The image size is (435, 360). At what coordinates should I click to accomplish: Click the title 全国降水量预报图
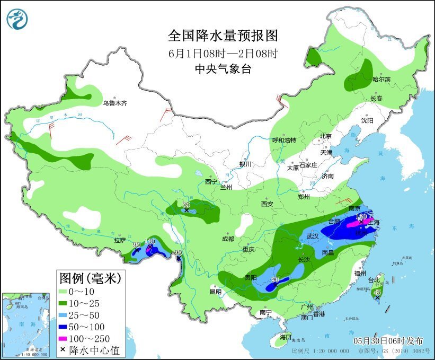coord(223,36)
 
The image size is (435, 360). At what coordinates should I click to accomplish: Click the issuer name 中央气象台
coord(223,68)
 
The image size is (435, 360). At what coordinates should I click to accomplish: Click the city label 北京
coord(325,136)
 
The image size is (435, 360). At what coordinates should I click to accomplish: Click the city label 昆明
coord(215,291)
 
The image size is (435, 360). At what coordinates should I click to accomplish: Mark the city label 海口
coord(286,337)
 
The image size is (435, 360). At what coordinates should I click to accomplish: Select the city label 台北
coord(374,280)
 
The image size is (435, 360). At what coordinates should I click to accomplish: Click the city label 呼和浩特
coord(284,141)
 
